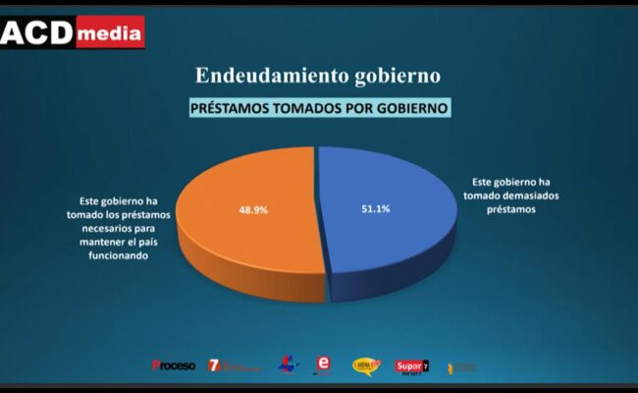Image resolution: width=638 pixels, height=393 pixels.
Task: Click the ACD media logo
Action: pyautogui.click(x=73, y=32)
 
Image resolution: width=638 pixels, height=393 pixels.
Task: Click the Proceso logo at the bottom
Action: pyautogui.click(x=174, y=365)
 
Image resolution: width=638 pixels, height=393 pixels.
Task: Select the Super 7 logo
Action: pyautogui.click(x=412, y=365)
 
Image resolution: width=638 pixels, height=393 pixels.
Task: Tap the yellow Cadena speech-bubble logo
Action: pyautogui.click(x=366, y=365)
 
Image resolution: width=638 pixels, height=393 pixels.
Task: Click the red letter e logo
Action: pyautogui.click(x=321, y=365)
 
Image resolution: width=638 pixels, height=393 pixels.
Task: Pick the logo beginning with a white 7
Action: pyautogui.click(x=233, y=365)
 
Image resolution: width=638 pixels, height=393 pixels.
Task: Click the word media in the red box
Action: pyautogui.click(x=108, y=34)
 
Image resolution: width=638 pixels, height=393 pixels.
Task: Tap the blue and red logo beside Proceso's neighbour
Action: pyautogui.click(x=284, y=365)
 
